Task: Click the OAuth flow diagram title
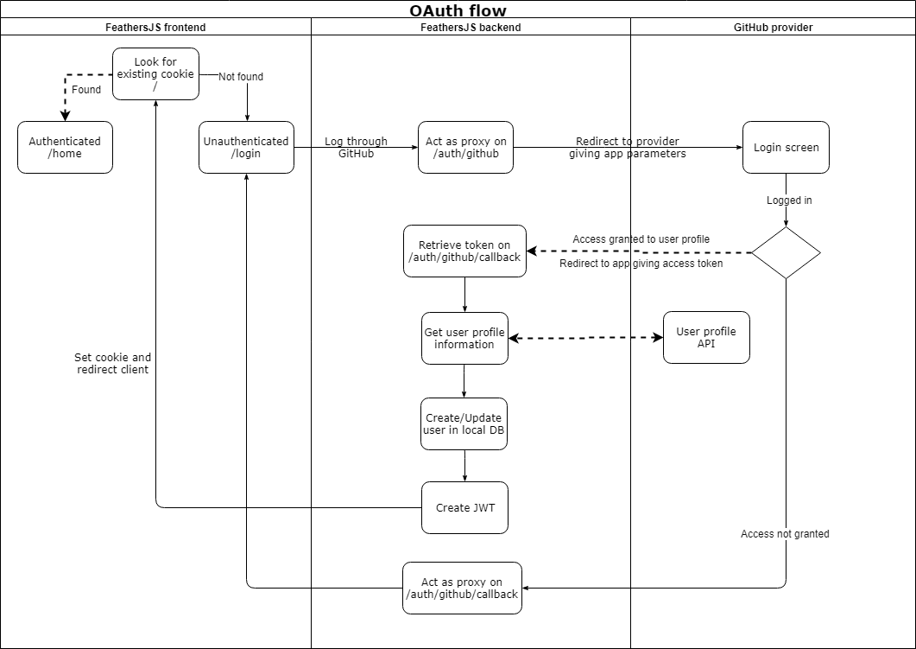click(458, 11)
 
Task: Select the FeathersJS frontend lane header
click(155, 28)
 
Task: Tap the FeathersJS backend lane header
click(471, 28)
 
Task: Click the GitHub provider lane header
click(773, 28)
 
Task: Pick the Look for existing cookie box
click(155, 74)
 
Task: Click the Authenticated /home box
click(65, 148)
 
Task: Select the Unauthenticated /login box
click(246, 148)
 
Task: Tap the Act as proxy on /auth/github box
click(466, 148)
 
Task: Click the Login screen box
click(786, 148)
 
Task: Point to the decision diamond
click(786, 253)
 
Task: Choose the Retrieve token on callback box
click(464, 251)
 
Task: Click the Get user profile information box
click(464, 338)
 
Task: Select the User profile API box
click(706, 338)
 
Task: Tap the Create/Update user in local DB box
click(464, 424)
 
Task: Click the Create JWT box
click(464, 507)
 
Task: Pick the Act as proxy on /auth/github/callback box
click(462, 589)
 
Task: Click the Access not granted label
click(785, 534)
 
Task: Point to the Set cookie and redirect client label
click(112, 363)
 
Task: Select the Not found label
click(241, 77)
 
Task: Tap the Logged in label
click(789, 200)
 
